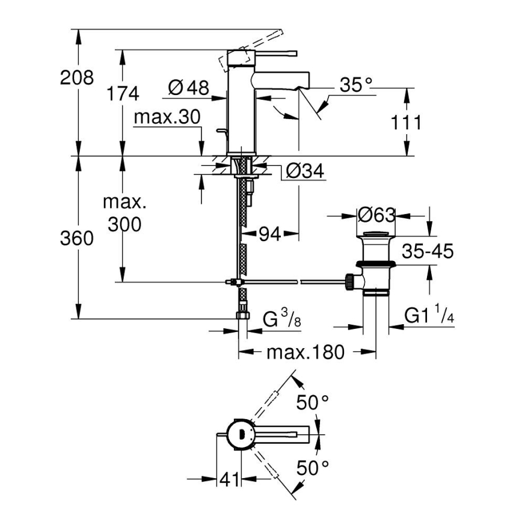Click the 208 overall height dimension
[76, 78]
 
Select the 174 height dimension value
[122, 93]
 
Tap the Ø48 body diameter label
[188, 88]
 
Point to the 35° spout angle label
[354, 85]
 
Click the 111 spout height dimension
[406, 122]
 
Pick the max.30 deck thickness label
[166, 117]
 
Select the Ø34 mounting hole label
[305, 172]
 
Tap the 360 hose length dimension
[76, 239]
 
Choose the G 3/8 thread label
[281, 319]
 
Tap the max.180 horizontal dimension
[306, 352]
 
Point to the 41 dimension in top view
[228, 479]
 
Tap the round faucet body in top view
[239, 432]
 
